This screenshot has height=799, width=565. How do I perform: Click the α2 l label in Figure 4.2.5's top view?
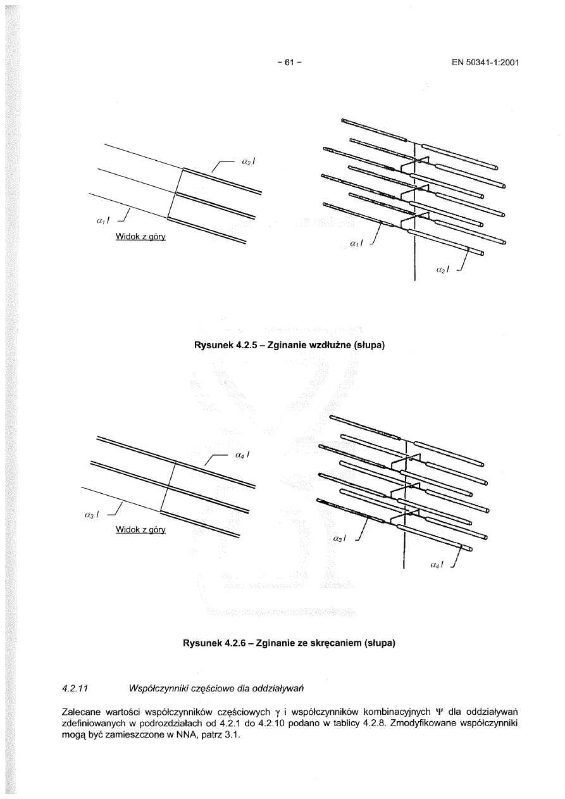[248, 162]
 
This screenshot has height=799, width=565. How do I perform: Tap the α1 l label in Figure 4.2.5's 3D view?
[356, 242]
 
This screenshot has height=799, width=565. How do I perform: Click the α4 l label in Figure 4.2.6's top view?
[242, 455]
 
